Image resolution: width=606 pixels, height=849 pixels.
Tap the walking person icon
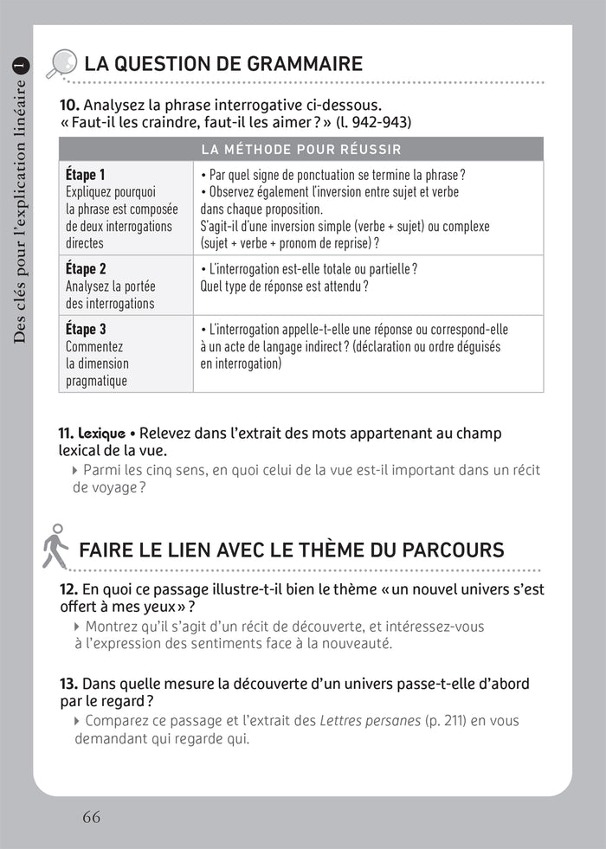click(55, 546)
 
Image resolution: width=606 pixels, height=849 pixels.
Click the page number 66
click(92, 816)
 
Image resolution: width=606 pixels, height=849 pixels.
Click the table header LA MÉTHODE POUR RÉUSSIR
click(301, 149)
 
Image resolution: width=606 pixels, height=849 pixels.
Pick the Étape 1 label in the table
click(86, 175)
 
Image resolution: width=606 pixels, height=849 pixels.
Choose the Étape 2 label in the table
click(86, 269)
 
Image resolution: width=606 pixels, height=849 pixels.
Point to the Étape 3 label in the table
click(86, 330)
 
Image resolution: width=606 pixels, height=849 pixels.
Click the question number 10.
click(68, 106)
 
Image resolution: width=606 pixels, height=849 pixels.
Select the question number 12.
click(68, 589)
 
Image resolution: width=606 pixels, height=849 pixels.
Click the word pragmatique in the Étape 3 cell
click(96, 381)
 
